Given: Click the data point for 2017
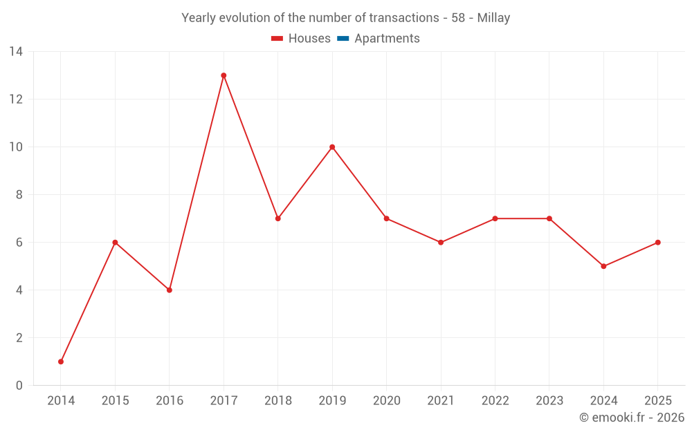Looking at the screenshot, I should (x=224, y=75).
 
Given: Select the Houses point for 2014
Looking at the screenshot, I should (x=61, y=361).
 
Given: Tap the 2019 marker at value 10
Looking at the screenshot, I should (x=332, y=147).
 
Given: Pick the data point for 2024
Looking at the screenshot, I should (x=603, y=266).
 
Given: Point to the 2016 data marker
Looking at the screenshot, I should (x=169, y=290).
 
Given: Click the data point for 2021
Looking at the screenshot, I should (x=441, y=242).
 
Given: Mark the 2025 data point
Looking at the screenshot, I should (x=657, y=242).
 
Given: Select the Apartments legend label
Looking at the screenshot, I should (x=387, y=39).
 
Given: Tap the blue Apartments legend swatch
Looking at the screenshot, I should (x=343, y=39).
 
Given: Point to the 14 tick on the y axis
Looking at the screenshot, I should (x=16, y=51).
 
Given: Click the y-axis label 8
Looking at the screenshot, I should (x=19, y=194).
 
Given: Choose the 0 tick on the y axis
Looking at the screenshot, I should (x=19, y=385).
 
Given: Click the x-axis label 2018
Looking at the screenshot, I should (x=277, y=401).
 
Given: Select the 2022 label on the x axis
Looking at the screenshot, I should (x=495, y=401).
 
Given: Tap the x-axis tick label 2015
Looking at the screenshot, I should (x=115, y=401).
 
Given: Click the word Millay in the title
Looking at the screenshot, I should (x=493, y=18).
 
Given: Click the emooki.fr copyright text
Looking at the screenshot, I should (x=632, y=417).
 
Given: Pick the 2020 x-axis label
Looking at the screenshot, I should (x=386, y=401).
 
